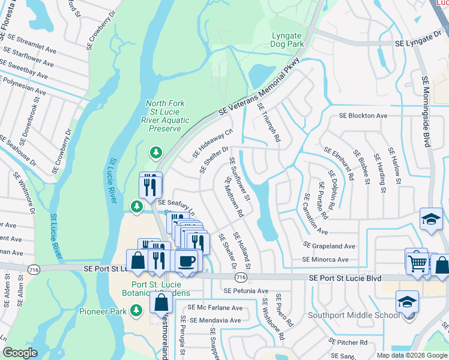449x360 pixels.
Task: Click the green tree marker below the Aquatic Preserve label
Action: tap(156, 153)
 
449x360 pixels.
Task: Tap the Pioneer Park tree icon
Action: tap(137, 310)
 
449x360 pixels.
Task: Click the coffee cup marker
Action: tap(187, 260)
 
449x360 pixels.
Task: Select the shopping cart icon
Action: tap(416, 261)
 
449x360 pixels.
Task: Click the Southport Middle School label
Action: tap(354, 315)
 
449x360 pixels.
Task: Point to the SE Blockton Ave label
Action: tap(363, 115)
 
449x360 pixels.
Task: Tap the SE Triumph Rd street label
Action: tap(269, 122)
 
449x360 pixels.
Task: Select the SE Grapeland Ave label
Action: tap(330, 246)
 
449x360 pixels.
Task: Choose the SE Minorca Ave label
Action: tap(325, 260)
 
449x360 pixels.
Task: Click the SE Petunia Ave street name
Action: tap(246, 291)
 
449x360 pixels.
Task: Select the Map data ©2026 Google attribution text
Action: tap(411, 355)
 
